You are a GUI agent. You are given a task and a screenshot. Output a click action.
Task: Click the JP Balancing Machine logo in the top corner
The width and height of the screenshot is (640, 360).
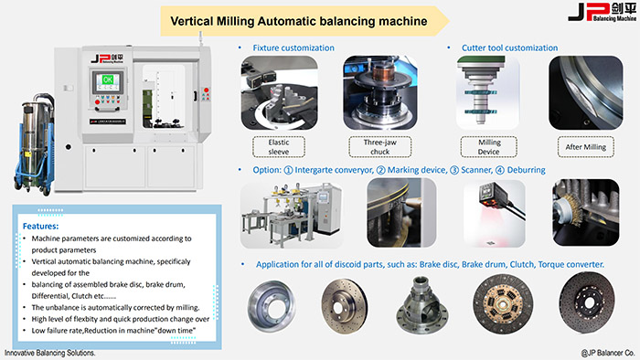point(602,11)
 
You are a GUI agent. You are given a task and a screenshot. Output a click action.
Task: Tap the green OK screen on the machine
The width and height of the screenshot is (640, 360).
point(108,79)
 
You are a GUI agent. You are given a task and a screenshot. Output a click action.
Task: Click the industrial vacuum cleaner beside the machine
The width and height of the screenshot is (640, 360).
point(35,143)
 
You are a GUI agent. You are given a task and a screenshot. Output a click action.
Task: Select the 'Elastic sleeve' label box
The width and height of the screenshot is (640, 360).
point(279,147)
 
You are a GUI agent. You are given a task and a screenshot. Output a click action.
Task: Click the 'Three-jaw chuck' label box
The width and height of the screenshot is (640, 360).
point(380,147)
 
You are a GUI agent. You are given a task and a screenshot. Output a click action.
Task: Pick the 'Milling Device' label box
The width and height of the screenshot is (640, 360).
point(488,147)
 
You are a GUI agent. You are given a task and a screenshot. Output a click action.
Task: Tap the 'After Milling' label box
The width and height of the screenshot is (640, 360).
point(586,147)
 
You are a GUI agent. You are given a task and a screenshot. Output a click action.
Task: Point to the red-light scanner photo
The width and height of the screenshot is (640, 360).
point(495,214)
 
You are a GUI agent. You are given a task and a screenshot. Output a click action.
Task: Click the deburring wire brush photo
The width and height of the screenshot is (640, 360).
point(586,213)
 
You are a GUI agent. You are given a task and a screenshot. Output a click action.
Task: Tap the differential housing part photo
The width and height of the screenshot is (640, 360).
point(421,305)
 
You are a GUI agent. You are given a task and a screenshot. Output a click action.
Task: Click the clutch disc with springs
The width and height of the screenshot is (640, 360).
point(503,303)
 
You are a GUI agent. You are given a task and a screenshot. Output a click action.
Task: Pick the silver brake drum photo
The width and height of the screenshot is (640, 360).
point(272,306)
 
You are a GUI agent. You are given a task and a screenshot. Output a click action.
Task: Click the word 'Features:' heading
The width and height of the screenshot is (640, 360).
point(40,226)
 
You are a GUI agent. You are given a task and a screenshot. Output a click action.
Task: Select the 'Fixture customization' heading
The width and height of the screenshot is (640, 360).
point(293,48)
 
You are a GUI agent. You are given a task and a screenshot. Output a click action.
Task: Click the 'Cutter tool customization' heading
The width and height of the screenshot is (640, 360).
point(509,48)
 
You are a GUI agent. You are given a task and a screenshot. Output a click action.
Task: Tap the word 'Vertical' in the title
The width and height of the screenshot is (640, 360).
point(191,21)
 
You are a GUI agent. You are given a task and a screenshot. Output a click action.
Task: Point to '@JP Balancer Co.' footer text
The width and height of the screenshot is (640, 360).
point(608,353)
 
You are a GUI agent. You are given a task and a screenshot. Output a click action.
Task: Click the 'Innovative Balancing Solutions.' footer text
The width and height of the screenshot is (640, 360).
point(49,353)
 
